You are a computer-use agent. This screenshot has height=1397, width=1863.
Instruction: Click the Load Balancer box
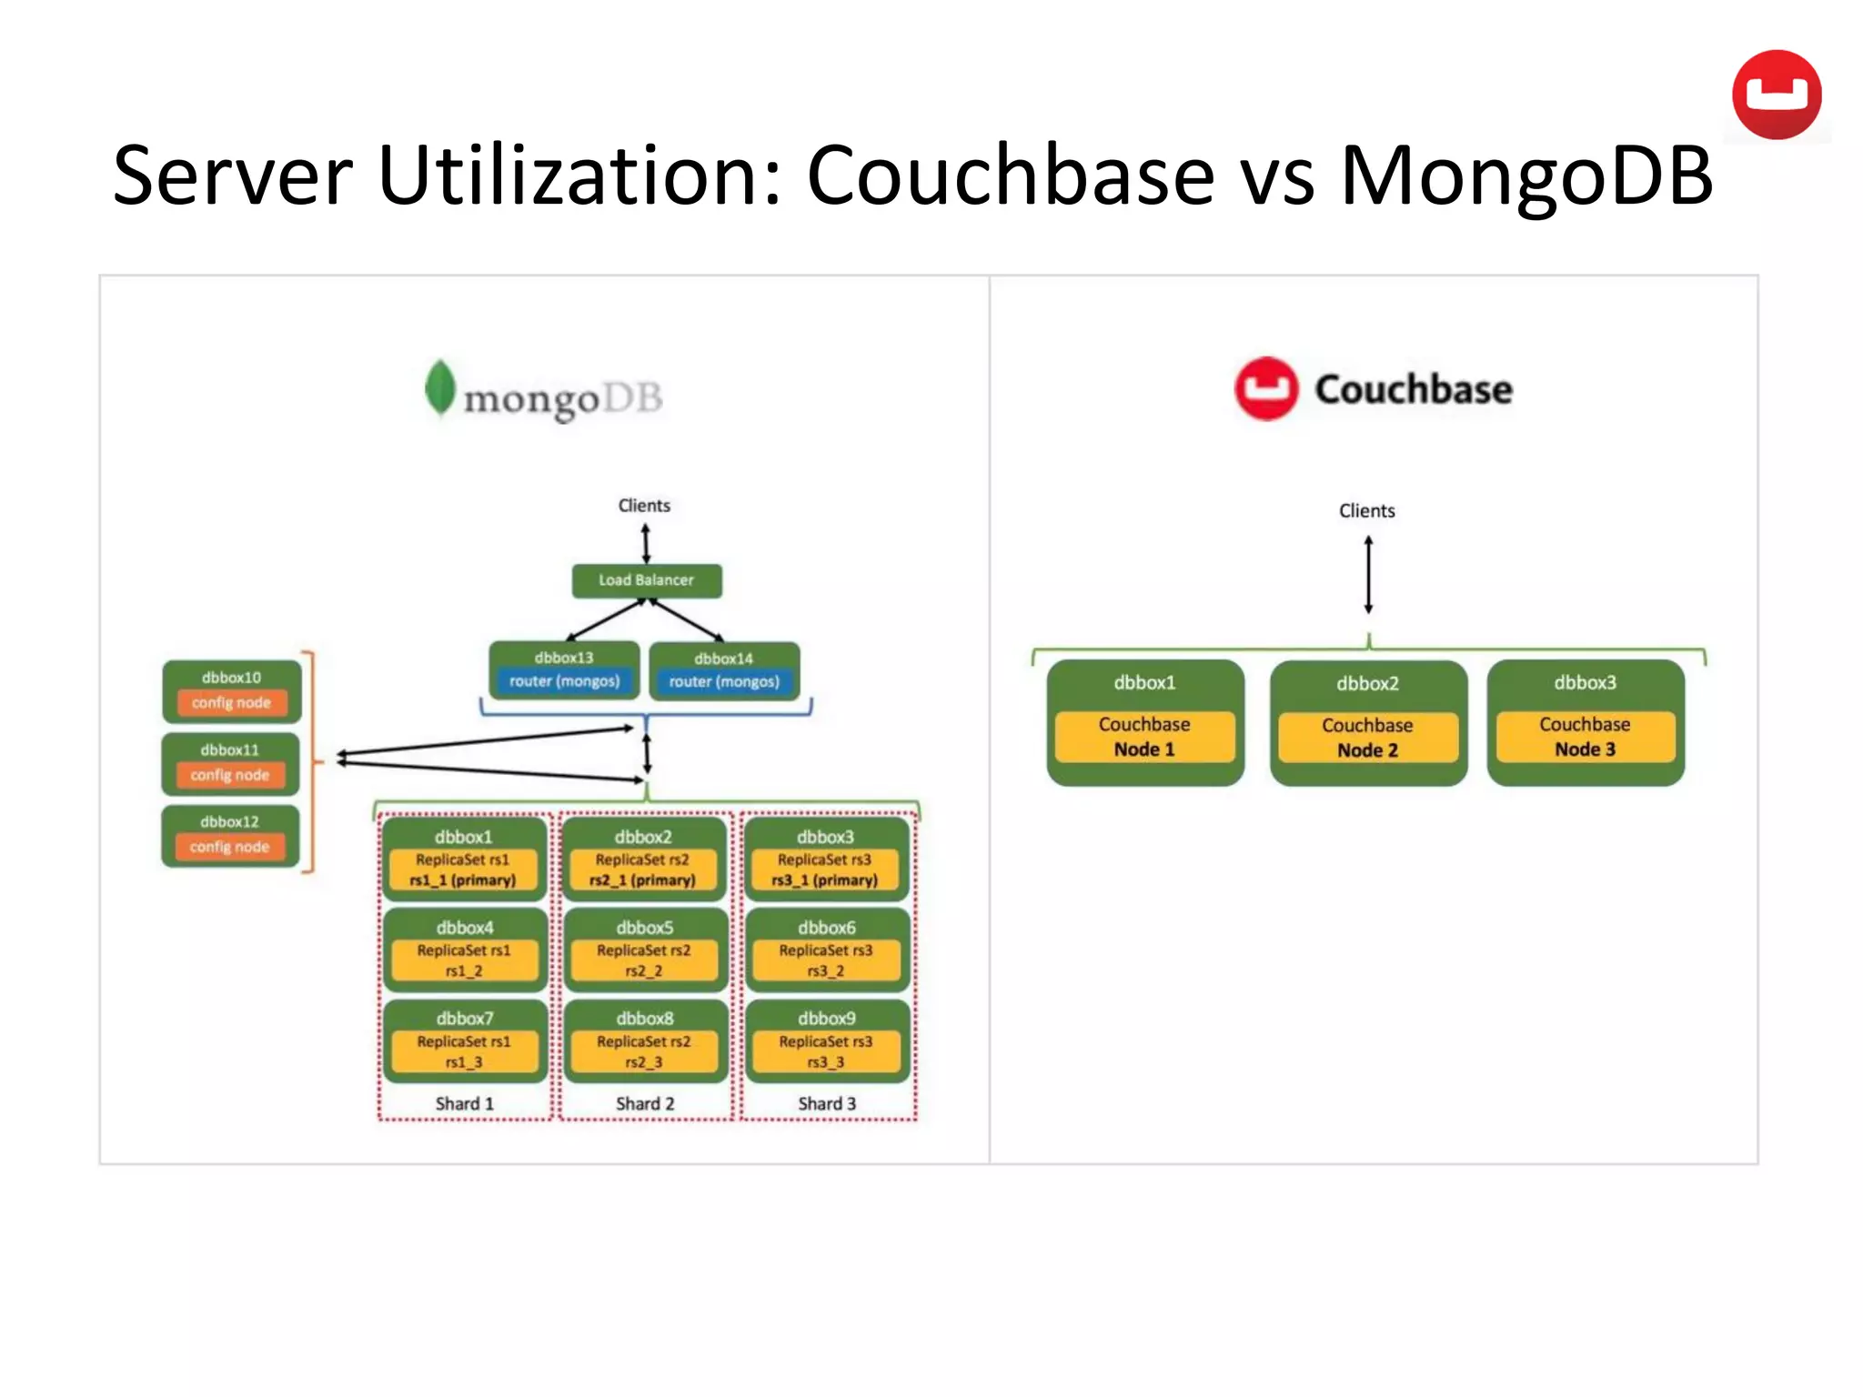click(x=646, y=580)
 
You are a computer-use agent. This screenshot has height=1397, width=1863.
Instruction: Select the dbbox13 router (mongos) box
click(x=564, y=671)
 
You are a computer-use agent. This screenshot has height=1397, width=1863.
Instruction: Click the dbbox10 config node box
click(x=231, y=691)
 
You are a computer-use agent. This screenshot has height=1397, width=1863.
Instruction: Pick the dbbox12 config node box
click(x=230, y=836)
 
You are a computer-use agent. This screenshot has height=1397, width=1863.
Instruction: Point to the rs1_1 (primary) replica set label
click(x=463, y=880)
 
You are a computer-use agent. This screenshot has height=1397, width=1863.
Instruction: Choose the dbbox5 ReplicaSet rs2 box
click(x=645, y=950)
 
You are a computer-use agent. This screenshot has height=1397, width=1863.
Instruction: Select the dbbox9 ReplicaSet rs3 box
click(x=827, y=1040)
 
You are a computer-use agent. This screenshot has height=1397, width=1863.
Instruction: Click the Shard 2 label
click(x=645, y=1103)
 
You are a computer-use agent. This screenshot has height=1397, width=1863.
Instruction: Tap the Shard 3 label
click(x=827, y=1103)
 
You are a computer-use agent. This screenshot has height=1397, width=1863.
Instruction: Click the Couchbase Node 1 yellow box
click(x=1144, y=737)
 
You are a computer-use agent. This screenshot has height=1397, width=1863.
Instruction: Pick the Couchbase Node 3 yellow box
click(x=1585, y=737)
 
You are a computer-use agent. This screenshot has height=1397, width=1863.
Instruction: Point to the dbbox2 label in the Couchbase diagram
click(x=1367, y=684)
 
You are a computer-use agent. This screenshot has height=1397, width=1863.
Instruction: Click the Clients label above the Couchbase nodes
click(x=1366, y=511)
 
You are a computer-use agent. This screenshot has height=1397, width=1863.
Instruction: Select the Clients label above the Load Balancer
click(x=644, y=506)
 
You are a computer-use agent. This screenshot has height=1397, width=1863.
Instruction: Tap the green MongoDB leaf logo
click(x=440, y=388)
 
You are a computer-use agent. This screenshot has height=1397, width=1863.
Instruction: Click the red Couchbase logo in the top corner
click(x=1777, y=95)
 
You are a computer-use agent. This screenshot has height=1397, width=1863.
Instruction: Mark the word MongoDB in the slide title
click(x=1526, y=176)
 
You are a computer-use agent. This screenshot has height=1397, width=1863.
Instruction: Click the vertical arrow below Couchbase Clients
click(x=1368, y=575)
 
